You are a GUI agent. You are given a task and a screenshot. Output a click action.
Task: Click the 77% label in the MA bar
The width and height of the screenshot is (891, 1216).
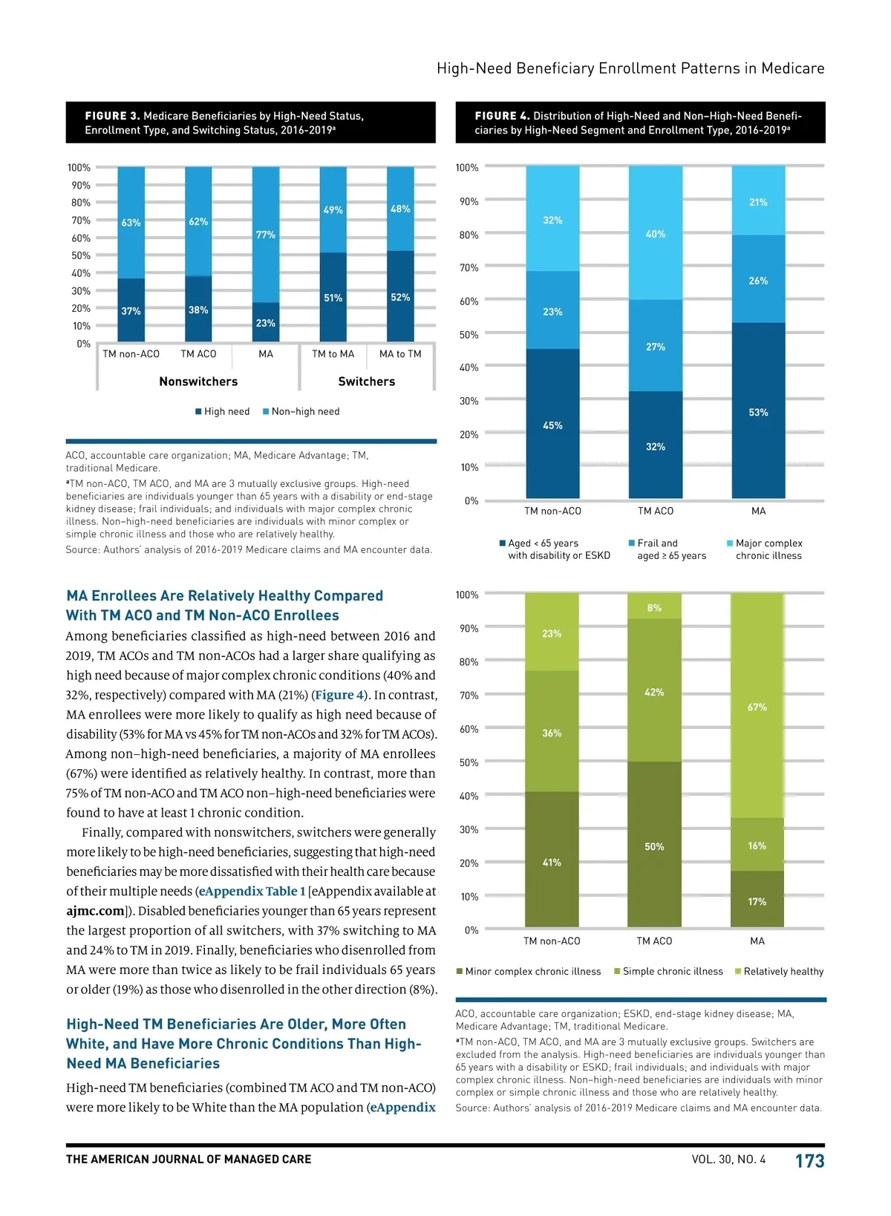pos(266,235)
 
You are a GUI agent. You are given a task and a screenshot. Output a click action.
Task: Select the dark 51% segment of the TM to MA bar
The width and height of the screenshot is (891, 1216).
pos(333,297)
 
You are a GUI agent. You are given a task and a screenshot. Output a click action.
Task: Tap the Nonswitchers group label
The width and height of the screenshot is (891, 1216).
pos(198,382)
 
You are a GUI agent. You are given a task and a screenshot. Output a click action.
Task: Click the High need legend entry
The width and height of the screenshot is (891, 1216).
pos(223,411)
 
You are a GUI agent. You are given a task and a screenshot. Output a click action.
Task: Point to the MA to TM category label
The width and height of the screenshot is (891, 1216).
pos(400,354)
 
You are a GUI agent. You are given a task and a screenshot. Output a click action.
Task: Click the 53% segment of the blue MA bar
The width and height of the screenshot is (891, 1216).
pos(758,412)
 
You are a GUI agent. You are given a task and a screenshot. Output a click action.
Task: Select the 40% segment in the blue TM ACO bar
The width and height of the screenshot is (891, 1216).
pos(656,234)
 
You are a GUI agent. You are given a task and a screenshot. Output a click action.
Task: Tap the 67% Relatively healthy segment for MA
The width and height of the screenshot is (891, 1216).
pos(757,707)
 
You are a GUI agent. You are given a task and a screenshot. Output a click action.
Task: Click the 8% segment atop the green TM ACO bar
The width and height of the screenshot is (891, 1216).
pos(654,607)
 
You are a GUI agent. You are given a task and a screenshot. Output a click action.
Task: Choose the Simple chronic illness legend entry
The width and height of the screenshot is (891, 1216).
pos(669,971)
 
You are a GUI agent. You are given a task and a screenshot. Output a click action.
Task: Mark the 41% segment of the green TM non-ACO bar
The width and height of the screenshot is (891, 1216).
pos(552,862)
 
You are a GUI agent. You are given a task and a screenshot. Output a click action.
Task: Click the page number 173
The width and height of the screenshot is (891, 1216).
pos(809,1161)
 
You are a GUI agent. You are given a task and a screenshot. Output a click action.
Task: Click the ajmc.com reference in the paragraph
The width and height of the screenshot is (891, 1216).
pos(95,911)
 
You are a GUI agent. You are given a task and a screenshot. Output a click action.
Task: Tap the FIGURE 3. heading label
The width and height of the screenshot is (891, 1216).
pos(112,116)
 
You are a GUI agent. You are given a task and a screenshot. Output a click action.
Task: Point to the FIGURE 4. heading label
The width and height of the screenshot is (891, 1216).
pos(502,116)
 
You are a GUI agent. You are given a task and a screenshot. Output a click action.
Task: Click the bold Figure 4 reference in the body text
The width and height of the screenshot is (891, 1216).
pos(339,695)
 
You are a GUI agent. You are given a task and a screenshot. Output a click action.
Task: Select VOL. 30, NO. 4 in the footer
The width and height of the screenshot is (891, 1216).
pos(728,1160)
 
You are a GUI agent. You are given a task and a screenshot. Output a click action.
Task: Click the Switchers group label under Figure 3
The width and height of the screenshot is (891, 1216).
pos(366,382)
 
